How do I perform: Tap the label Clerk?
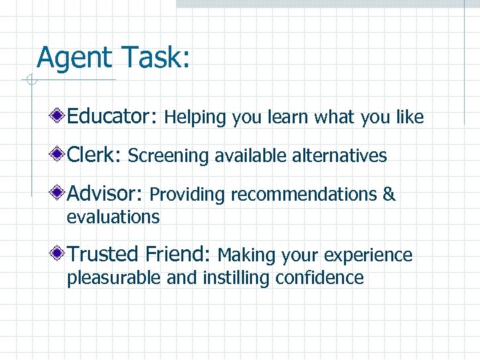point(94,155)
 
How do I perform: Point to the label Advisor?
point(105,194)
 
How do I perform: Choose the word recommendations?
point(303,195)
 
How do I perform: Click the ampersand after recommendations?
point(389,195)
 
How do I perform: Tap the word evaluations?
point(113,217)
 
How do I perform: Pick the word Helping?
point(196,118)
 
